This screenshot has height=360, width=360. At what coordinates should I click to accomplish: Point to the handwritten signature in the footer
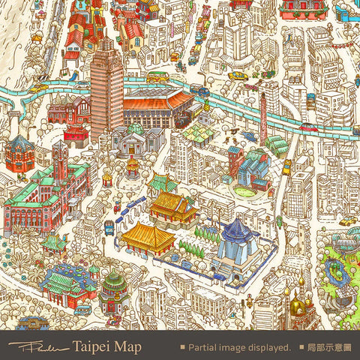pyautogui.click(x=37, y=347)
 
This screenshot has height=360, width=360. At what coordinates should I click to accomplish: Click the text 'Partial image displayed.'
pyautogui.click(x=239, y=348)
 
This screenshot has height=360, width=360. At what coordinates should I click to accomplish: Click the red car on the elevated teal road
pyautogui.click(x=307, y=127)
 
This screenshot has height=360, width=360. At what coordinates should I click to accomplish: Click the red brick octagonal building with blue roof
pyautogui.click(x=20, y=154)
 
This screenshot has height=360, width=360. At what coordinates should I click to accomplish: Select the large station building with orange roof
pyautogui.click(x=157, y=107)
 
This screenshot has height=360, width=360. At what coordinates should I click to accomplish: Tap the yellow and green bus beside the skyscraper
pyautogui.click(x=157, y=77)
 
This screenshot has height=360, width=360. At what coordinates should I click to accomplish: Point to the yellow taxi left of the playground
pyautogui.click(x=347, y=221)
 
